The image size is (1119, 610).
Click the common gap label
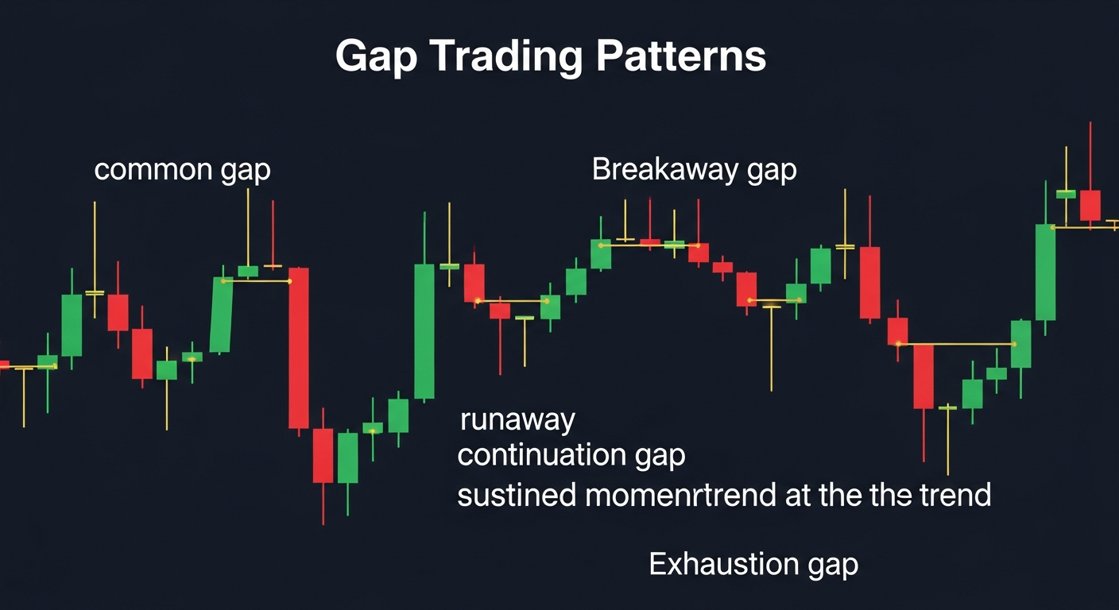(x=182, y=170)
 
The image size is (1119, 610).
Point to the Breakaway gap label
(x=694, y=170)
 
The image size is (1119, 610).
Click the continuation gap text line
(x=571, y=456)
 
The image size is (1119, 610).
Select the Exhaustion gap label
(x=753, y=565)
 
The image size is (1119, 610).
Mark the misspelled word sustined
(x=517, y=495)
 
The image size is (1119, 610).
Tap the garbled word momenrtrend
(x=680, y=495)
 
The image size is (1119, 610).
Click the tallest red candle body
(x=298, y=348)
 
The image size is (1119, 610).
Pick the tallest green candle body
(x=424, y=331)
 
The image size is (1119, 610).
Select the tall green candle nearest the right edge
(x=1045, y=272)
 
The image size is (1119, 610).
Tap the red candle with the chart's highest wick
(x=1090, y=205)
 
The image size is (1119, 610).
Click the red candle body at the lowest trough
(x=323, y=455)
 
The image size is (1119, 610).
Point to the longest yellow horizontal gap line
(x=956, y=344)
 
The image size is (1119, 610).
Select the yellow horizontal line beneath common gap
(x=256, y=281)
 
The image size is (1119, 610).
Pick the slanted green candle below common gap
(x=220, y=315)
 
